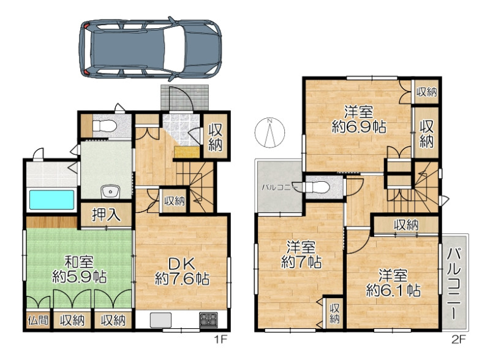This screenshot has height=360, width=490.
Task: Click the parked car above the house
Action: [150, 48]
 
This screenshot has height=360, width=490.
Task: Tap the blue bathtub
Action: [52, 200]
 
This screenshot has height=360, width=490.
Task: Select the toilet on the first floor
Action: [105, 127]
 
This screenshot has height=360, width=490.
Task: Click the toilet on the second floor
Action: [316, 187]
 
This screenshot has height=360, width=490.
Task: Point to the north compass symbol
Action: [269, 132]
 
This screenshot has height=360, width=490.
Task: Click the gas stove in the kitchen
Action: [208, 320]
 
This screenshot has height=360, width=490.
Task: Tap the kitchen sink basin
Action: [160, 320]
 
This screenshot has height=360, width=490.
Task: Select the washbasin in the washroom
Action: [110, 192]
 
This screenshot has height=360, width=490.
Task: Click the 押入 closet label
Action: [106, 215]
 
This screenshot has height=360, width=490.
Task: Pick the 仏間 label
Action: [38, 320]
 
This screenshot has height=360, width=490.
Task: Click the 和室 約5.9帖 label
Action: [79, 269]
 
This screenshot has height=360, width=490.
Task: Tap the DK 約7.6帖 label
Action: [182, 271]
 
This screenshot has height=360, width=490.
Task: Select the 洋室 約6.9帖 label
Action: [359, 119]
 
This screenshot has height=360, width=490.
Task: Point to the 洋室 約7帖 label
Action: [301, 255]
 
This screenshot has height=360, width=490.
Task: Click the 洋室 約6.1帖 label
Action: [393, 283]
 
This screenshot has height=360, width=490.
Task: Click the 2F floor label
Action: [459, 339]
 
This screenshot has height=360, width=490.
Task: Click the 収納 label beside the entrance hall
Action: [216, 137]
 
